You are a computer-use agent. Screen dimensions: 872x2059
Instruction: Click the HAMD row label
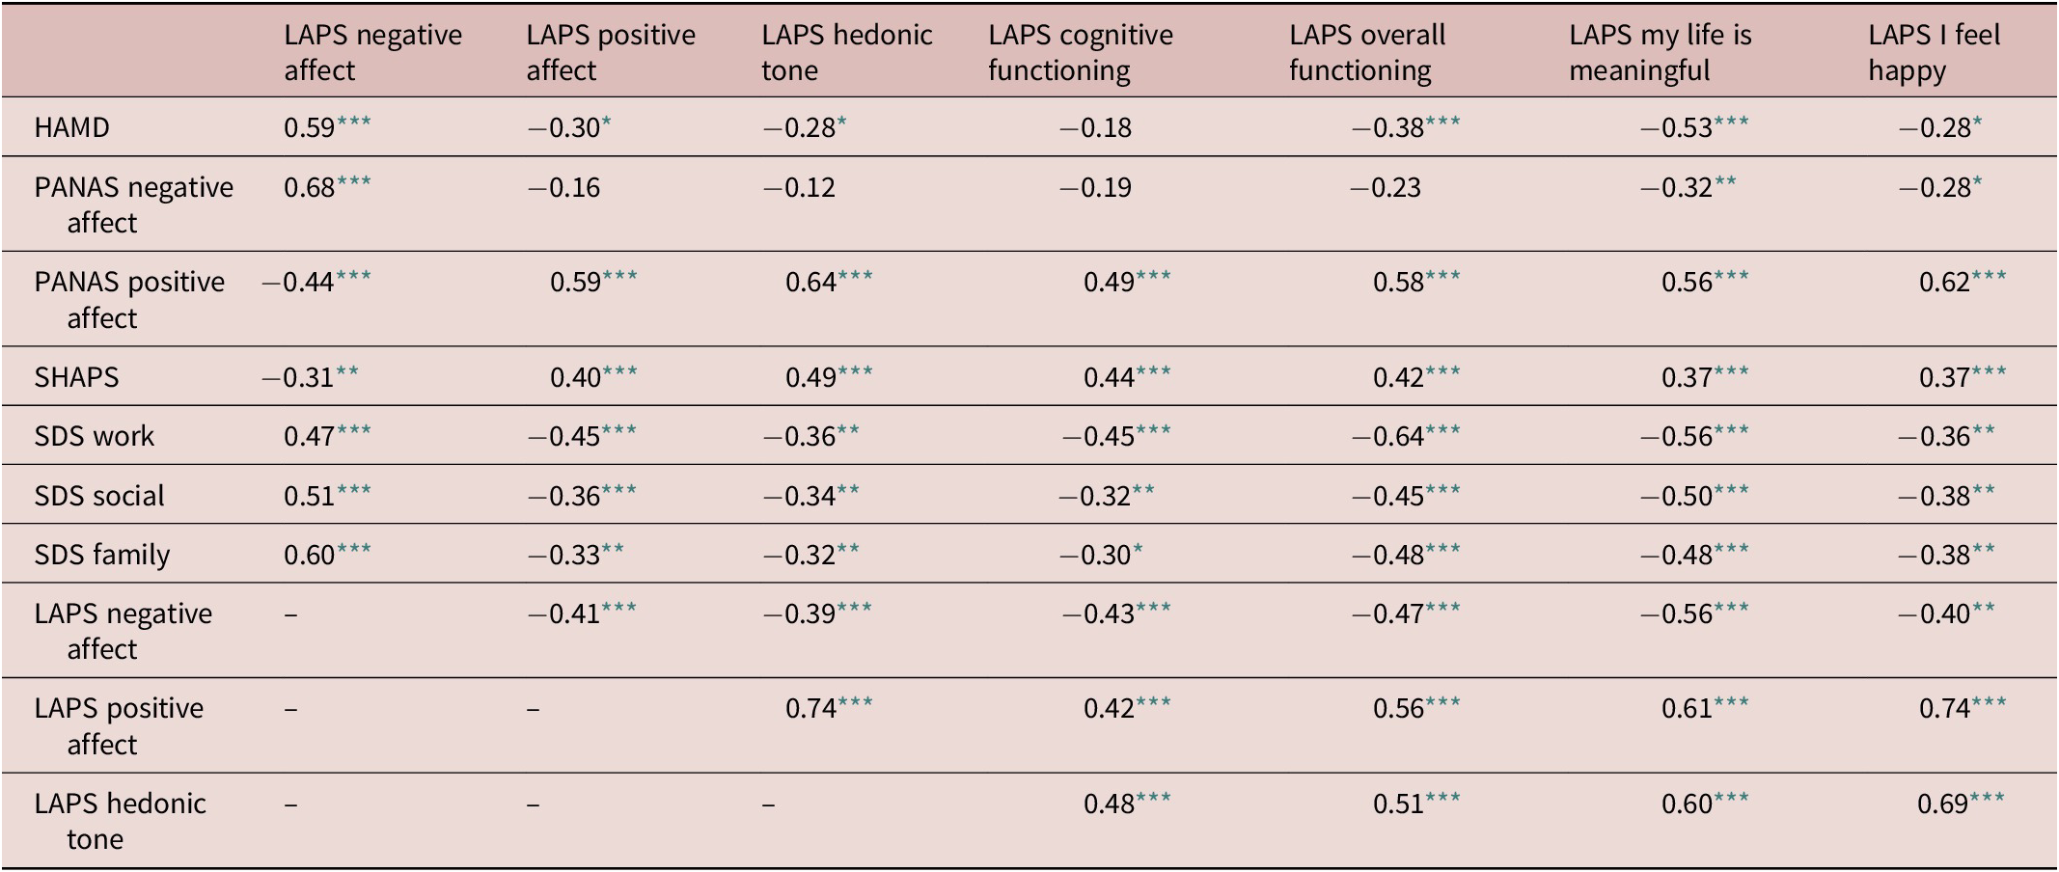(x=72, y=127)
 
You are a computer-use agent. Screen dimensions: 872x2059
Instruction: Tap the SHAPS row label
(x=76, y=376)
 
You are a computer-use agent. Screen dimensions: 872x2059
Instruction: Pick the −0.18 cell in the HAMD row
(x=1095, y=127)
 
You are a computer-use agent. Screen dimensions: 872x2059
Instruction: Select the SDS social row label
(x=99, y=496)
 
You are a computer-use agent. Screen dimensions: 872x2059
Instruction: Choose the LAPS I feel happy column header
(x=1934, y=52)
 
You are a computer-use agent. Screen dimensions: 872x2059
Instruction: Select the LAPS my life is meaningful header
(x=1659, y=52)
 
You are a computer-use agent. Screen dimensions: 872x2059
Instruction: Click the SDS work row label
(x=95, y=436)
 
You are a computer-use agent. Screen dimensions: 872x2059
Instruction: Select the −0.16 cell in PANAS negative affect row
(x=563, y=187)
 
